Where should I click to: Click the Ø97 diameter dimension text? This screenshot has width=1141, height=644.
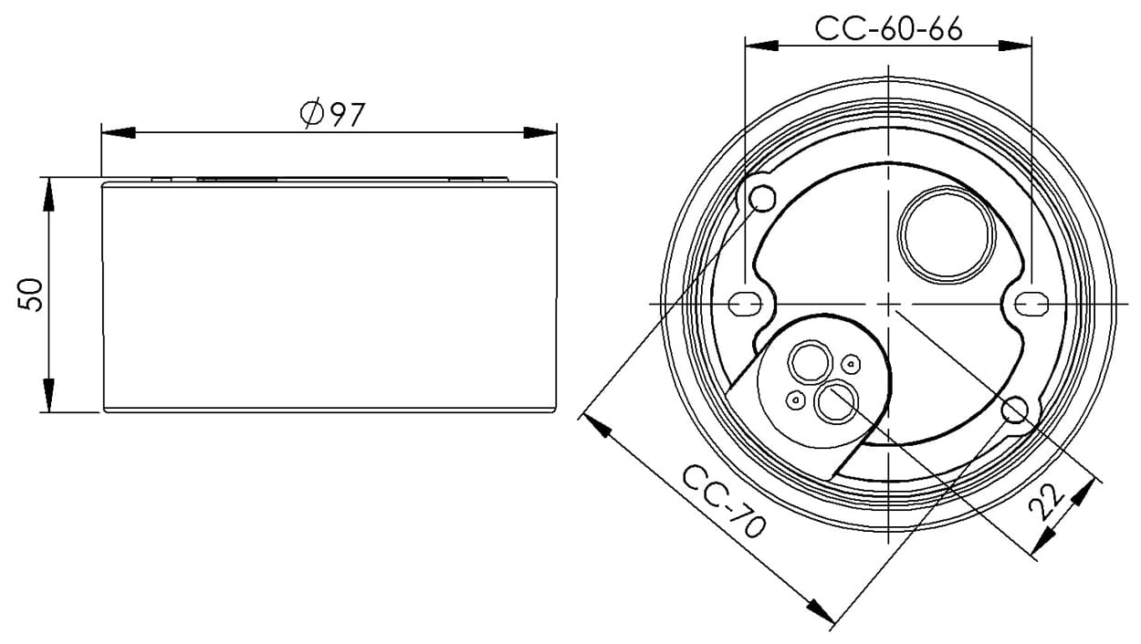pyautogui.click(x=332, y=112)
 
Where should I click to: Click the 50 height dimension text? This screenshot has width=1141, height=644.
pyautogui.click(x=30, y=295)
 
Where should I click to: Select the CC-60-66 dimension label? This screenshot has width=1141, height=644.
pyautogui.click(x=888, y=28)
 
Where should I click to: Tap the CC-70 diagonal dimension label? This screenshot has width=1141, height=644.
pyautogui.click(x=724, y=503)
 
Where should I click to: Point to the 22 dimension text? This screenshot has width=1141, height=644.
pyautogui.click(x=1047, y=502)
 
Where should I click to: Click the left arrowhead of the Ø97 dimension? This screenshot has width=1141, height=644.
pyautogui.click(x=118, y=133)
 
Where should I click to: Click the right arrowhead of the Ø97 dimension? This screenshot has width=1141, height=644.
pyautogui.click(x=540, y=133)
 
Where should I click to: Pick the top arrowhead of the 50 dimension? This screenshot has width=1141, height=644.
pyautogui.click(x=48, y=194)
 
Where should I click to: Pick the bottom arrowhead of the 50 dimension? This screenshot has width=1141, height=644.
pyautogui.click(x=48, y=395)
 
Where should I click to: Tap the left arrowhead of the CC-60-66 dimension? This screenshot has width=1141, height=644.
pyautogui.click(x=762, y=46)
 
